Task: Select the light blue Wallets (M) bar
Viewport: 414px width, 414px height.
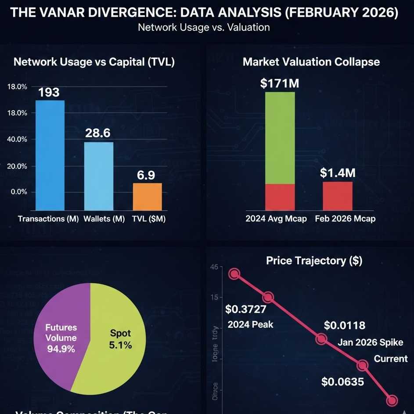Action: [98, 176]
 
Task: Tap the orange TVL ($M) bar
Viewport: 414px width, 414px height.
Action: [147, 197]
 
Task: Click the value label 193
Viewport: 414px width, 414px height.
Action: [49, 92]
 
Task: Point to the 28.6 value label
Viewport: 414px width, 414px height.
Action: [98, 133]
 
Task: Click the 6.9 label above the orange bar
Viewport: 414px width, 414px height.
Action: [146, 175]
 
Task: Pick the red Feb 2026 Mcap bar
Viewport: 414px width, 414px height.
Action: [338, 196]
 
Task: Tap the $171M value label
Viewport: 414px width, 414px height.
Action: [279, 83]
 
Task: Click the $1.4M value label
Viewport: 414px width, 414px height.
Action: [338, 173]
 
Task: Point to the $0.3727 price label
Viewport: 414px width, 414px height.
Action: [246, 310]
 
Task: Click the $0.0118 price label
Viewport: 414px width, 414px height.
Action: [345, 325]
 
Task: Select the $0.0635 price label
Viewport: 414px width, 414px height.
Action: [342, 382]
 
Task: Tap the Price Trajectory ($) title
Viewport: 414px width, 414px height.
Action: [314, 261]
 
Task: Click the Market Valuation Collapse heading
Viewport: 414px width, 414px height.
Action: [311, 62]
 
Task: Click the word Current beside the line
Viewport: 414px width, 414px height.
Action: [391, 359]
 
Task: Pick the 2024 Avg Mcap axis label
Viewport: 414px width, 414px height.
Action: [276, 218]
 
